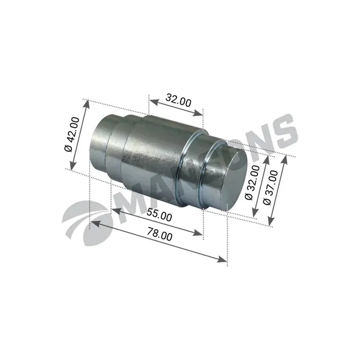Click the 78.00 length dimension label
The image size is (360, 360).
160,234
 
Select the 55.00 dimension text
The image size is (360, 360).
159,214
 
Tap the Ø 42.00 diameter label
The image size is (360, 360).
72,134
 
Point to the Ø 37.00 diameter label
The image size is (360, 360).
271,188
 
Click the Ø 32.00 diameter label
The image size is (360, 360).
253,182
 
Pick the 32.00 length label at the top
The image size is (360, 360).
178,100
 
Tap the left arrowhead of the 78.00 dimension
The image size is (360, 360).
95,223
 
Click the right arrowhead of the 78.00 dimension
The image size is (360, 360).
222,259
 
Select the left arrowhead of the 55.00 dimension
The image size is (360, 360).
116,210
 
